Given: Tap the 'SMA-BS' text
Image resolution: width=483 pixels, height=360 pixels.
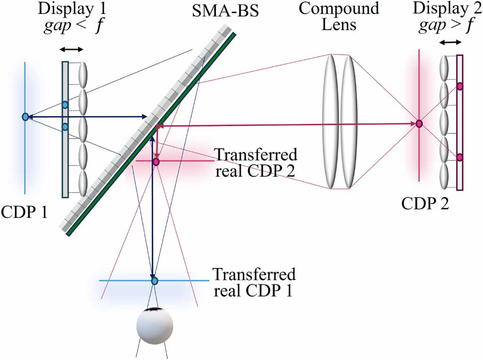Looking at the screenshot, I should click(225, 10).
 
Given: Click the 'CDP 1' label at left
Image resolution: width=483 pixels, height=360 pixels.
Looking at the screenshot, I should click(25, 212).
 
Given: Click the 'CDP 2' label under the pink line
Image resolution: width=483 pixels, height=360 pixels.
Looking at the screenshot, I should click(425, 204).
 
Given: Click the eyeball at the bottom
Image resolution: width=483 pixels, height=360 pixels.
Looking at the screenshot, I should click(155, 325).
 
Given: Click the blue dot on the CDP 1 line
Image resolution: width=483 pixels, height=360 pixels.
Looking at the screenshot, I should click(25, 117).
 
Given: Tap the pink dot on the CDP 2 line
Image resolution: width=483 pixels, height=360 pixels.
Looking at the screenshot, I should click(419, 124).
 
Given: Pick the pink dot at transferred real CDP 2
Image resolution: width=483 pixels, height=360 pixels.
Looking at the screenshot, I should click(156, 162).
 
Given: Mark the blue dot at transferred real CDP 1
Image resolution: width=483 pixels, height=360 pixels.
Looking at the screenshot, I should click(154, 281).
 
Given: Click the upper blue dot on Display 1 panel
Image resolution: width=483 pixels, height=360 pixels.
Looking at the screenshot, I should click(65, 104).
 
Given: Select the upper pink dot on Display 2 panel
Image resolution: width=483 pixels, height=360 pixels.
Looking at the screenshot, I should click(460, 86).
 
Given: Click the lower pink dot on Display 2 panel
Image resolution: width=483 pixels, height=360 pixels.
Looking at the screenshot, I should click(460, 157).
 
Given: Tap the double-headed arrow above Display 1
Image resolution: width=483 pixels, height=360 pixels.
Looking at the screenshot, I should click(73, 49).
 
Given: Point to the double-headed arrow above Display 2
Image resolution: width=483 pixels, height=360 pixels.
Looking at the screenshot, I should click(450, 42).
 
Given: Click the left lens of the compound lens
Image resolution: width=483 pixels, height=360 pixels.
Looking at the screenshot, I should click(331, 121).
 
